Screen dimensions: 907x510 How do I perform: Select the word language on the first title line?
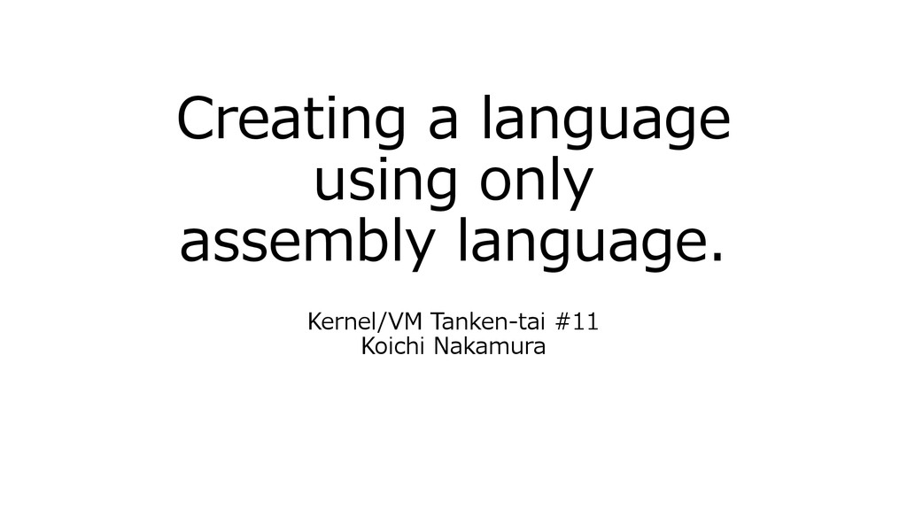coord(606,122)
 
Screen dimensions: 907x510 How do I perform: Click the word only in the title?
coord(536,183)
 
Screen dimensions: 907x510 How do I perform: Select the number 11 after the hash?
coord(585,322)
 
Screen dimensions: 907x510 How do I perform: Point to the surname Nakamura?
coord(489,347)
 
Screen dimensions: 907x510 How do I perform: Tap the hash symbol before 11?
coord(563,322)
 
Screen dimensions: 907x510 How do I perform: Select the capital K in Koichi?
coord(368,347)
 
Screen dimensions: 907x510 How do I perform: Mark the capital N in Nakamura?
coord(442,347)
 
